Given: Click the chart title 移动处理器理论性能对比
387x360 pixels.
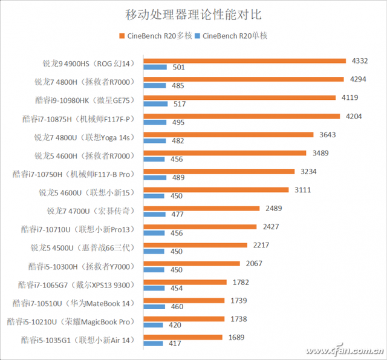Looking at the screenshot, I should click(193, 14).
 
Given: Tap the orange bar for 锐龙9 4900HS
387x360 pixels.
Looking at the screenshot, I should click(245, 61).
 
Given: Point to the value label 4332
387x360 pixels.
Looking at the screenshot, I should click(357, 61).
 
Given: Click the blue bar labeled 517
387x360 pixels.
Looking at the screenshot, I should click(155, 104).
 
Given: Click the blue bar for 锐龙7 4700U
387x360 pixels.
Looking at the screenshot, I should click(155, 215).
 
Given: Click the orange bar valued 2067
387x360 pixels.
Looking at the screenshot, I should click(192, 263).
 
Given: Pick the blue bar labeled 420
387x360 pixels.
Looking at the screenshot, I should click(154, 326).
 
